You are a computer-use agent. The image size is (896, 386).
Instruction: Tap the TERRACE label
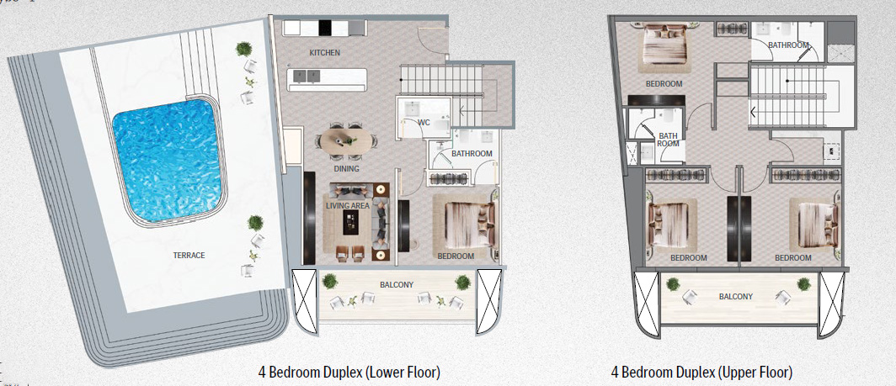point(189,255)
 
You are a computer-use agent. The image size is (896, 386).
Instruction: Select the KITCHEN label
point(324,53)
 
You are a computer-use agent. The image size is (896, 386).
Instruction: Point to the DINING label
point(346,169)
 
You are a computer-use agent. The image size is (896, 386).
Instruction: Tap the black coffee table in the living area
point(351,222)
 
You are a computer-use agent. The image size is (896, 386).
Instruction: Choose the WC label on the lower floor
point(424,123)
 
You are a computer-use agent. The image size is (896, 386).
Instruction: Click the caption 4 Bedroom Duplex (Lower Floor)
point(349,371)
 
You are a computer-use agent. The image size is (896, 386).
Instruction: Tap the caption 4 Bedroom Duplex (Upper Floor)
point(701,371)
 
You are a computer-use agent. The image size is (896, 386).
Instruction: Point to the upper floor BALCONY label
point(736,296)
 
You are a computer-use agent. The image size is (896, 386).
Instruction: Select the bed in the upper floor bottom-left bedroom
point(670,223)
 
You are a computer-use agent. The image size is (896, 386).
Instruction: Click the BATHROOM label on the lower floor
point(472,154)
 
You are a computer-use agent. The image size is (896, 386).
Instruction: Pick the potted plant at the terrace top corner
point(244,49)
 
